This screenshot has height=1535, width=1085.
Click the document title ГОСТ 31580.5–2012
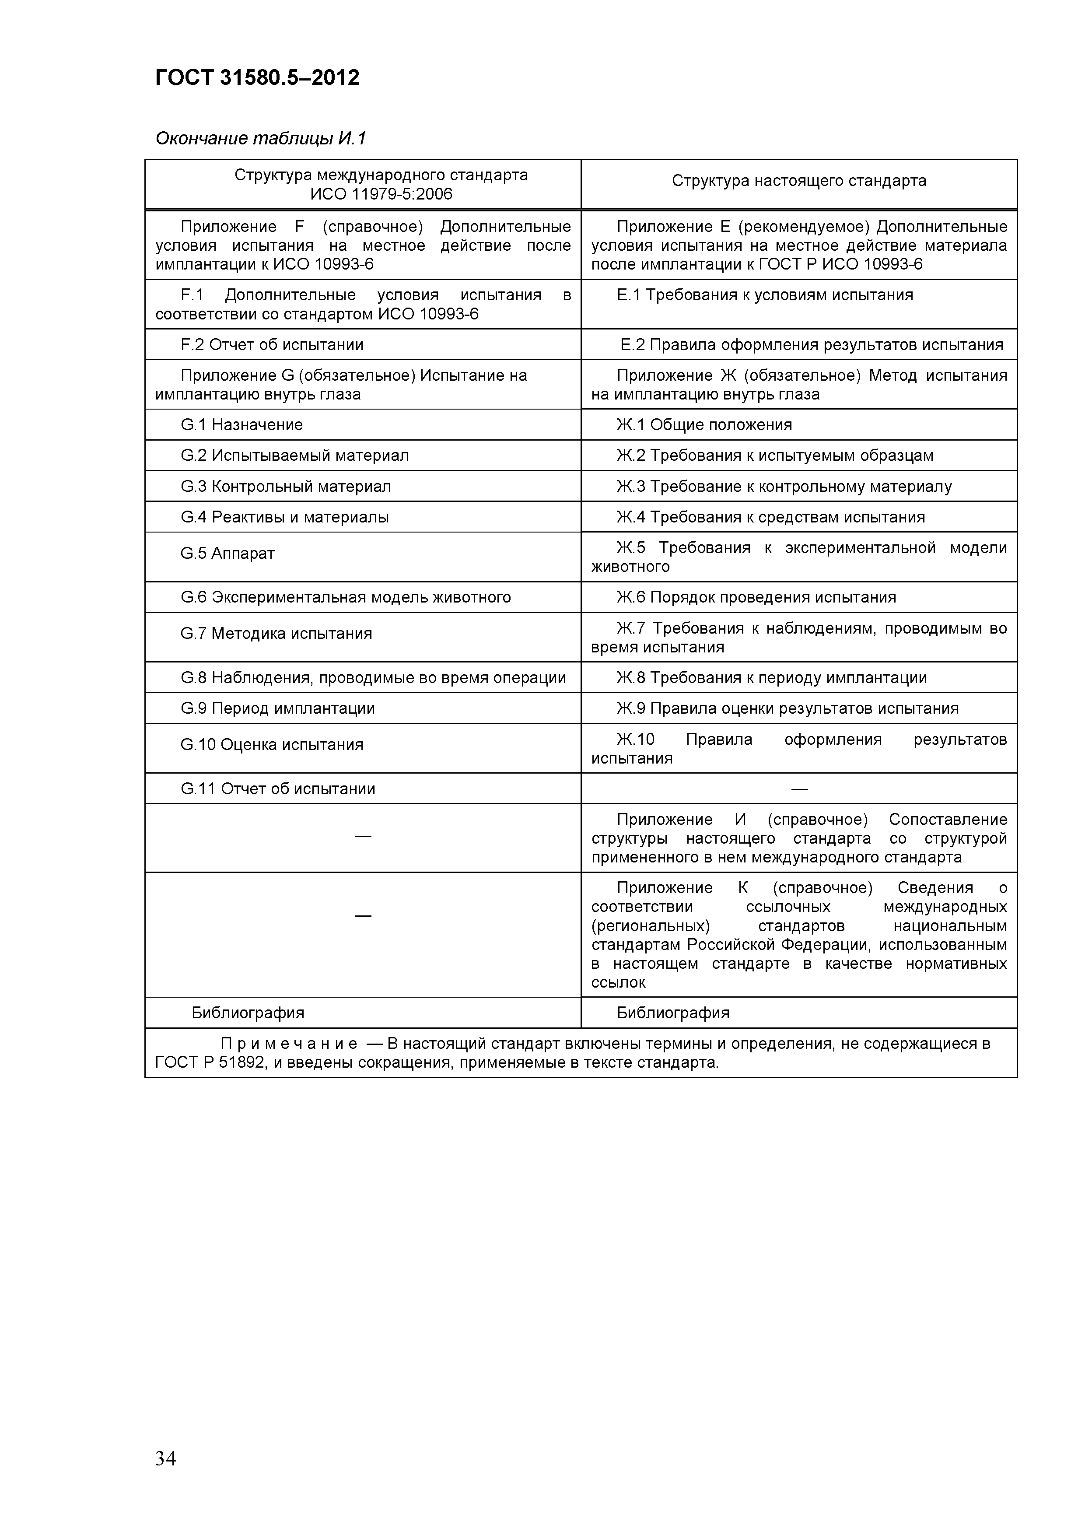(x=257, y=78)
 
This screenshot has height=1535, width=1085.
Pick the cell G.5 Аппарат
(x=227, y=554)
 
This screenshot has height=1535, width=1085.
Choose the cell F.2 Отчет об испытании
(x=272, y=345)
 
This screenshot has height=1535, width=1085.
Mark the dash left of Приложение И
(x=362, y=836)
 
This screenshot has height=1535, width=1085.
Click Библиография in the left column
(x=248, y=1013)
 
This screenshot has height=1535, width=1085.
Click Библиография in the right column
(x=672, y=1013)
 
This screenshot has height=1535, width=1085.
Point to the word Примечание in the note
(x=289, y=1044)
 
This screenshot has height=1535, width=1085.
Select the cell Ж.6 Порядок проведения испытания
(x=756, y=597)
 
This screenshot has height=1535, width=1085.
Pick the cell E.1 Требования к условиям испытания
(x=765, y=295)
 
